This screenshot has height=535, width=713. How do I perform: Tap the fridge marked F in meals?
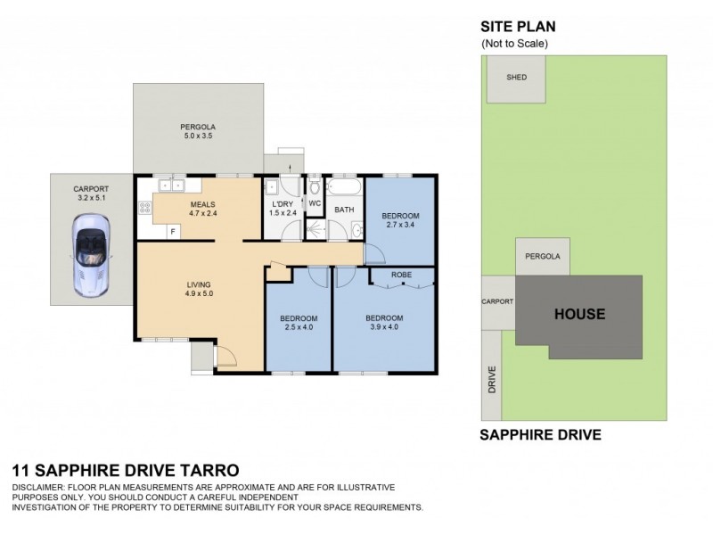click(173, 230)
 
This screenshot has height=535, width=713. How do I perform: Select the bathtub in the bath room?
click(341, 189)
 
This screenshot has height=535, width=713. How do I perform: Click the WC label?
click(314, 203)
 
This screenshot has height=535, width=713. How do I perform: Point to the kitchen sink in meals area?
click(170, 186)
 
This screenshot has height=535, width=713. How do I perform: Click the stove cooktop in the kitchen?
click(144, 209)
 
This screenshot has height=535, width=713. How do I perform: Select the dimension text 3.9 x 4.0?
click(384, 327)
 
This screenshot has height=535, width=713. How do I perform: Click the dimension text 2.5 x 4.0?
click(295, 327)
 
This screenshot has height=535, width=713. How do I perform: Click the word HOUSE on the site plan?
click(580, 314)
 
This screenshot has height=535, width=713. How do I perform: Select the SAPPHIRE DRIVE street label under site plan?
click(540, 436)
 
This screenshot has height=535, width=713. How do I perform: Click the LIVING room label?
click(199, 285)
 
